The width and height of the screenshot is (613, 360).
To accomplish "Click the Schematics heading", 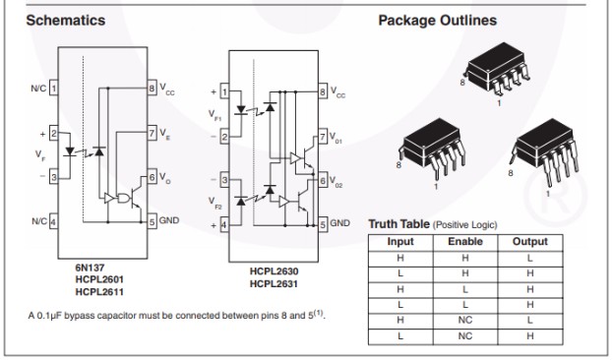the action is click(x=66, y=21).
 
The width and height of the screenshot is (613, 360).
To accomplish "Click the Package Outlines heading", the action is click(x=438, y=21).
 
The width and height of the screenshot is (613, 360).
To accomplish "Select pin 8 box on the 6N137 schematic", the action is click(x=152, y=88).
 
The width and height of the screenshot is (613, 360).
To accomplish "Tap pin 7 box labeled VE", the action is click(x=152, y=133).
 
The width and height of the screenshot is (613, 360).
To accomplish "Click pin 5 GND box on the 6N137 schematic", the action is click(x=152, y=221).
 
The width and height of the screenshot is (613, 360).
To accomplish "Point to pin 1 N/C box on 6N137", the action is click(x=53, y=88).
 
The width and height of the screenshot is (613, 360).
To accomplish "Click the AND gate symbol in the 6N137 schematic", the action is click(x=124, y=198).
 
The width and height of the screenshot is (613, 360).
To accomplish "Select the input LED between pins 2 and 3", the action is click(x=70, y=151).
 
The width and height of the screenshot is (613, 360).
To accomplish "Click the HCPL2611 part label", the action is click(x=99, y=292).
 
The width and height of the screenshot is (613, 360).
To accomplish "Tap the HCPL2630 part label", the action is click(x=275, y=271).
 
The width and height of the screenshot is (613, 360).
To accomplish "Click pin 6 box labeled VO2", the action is click(x=323, y=181).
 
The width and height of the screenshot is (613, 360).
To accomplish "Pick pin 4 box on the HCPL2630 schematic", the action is click(x=224, y=225).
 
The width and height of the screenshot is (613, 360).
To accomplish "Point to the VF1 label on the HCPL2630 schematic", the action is click(x=215, y=115).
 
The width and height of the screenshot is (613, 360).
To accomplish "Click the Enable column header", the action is click(x=465, y=242).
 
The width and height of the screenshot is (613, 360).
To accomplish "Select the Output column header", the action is click(x=530, y=242).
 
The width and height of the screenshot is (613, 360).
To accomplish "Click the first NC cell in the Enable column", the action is click(x=465, y=320).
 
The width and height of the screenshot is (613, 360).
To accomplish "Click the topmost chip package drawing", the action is click(x=497, y=70).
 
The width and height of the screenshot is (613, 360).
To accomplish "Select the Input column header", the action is click(x=400, y=242).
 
